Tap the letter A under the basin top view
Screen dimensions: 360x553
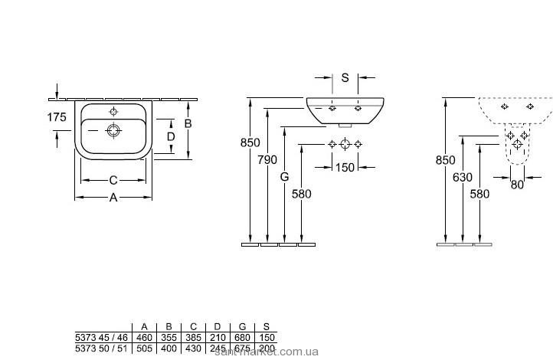tap(113, 197)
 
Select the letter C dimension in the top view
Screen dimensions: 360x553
tap(113, 180)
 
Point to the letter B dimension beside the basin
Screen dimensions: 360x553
tap(186, 123)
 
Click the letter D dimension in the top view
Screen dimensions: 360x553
tap(171, 136)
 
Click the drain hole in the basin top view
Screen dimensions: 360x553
tap(113, 129)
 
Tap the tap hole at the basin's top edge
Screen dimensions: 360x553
tap(113, 110)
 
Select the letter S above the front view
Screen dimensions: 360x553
tap(345, 77)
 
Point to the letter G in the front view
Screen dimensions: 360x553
tap(284, 176)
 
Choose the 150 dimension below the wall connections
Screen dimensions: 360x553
tap(345, 167)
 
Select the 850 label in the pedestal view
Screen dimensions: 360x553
tap(445, 160)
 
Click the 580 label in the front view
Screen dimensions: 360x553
tap(303, 193)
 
